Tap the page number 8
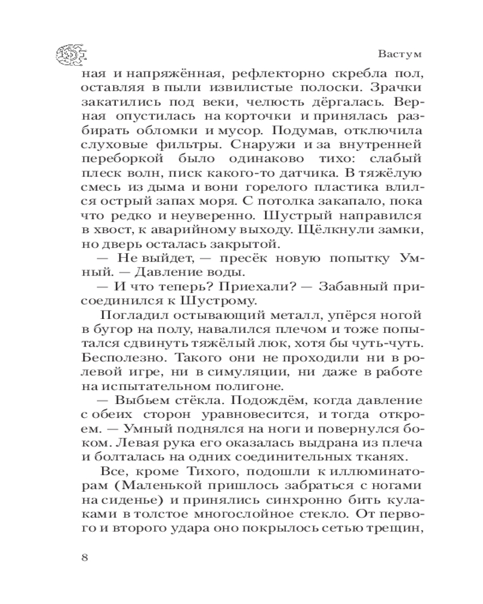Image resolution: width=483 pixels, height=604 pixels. tap(85, 556)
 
